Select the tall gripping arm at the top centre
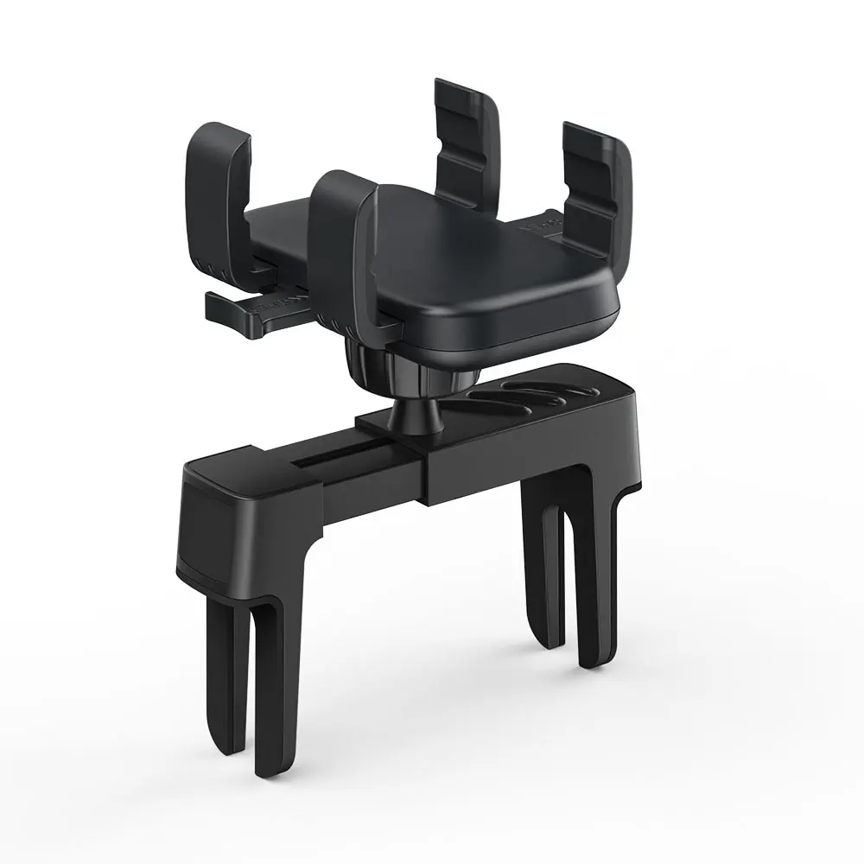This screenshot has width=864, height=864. click(x=467, y=138)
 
